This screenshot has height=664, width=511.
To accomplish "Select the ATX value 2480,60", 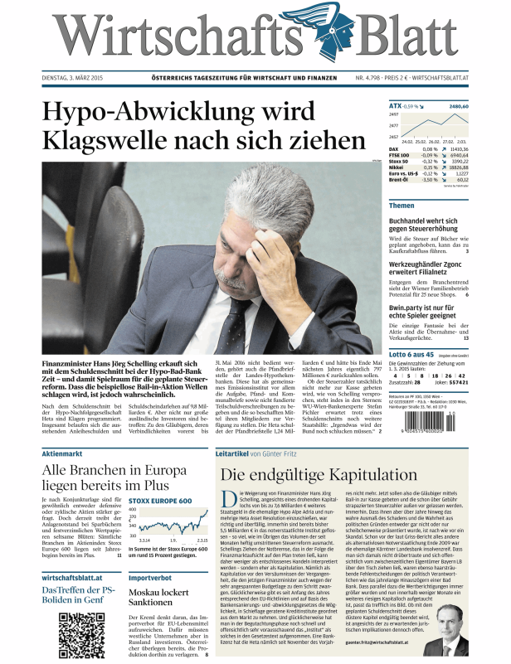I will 459,107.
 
